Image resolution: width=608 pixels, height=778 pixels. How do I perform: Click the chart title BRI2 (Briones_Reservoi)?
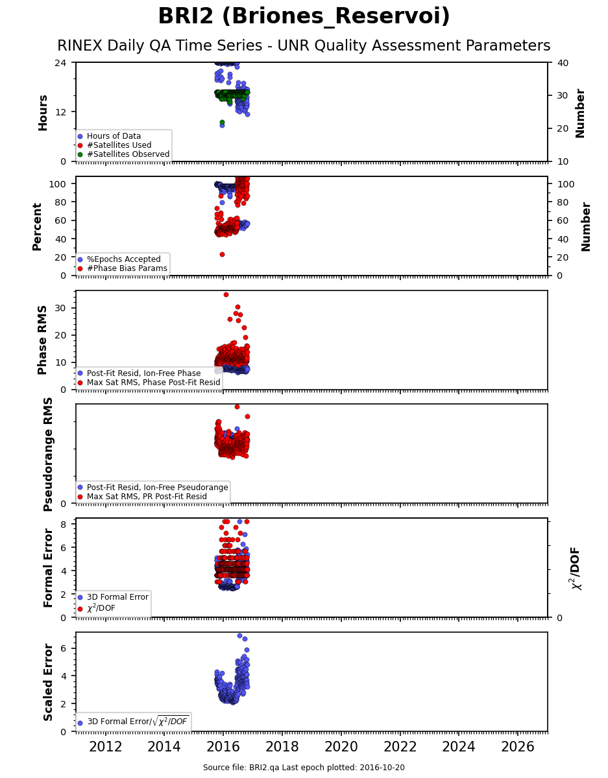pos(304,17)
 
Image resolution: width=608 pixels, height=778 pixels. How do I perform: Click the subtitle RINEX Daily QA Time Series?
pos(304,46)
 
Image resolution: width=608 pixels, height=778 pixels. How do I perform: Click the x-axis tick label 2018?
pos(282,747)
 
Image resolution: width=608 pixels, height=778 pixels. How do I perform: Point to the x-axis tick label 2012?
pos(105,747)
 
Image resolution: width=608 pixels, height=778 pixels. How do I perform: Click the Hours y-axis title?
pos(43,112)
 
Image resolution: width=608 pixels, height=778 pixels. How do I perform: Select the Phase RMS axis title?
pos(43,340)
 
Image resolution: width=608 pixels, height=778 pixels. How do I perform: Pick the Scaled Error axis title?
pos(49,682)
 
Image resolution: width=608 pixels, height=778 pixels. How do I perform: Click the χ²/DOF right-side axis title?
pos(575,568)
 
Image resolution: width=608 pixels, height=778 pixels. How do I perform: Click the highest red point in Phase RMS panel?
pos(226,294)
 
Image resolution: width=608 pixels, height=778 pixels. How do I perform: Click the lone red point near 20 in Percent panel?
pos(222,254)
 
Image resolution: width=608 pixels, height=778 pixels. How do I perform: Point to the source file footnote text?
pos(304,768)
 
